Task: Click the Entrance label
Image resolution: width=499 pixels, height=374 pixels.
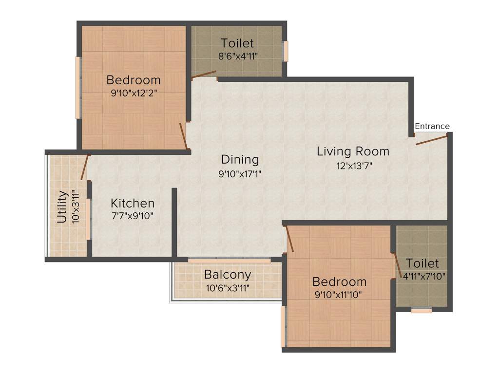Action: (x=432, y=126)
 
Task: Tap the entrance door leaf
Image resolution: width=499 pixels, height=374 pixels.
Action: (x=431, y=140)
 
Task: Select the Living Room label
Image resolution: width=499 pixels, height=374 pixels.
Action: (x=353, y=151)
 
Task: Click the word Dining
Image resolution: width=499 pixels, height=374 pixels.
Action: (x=240, y=159)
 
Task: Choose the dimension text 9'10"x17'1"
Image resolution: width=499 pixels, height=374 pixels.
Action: (x=240, y=173)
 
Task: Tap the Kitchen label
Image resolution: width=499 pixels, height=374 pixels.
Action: (x=133, y=203)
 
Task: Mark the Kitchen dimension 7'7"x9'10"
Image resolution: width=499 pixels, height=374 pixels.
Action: (x=133, y=216)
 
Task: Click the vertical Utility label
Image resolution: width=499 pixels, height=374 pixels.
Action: (x=62, y=207)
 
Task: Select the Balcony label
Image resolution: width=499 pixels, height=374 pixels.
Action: (x=228, y=274)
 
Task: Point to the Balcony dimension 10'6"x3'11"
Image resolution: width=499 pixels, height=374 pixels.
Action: (x=228, y=288)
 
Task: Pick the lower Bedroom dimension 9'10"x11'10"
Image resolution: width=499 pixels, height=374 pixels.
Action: (x=339, y=294)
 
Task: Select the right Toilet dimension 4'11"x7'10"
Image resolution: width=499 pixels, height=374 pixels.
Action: (x=422, y=276)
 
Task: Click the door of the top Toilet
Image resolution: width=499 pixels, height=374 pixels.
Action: (x=204, y=75)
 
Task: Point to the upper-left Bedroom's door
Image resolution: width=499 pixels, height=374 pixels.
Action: (x=183, y=135)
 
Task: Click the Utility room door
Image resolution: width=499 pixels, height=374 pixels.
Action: (x=85, y=168)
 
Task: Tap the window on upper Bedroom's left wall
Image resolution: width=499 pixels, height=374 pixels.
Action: (x=77, y=88)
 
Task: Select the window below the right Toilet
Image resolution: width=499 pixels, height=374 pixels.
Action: (x=421, y=310)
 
